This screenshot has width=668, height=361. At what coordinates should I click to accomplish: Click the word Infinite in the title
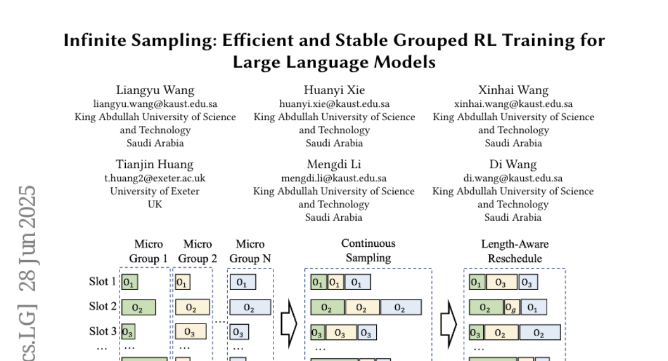(x=95, y=41)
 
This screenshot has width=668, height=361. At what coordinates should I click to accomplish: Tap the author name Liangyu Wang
(x=155, y=90)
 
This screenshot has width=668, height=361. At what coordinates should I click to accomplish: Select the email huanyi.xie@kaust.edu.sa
(x=334, y=104)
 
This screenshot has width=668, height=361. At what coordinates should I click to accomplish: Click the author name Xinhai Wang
(x=513, y=90)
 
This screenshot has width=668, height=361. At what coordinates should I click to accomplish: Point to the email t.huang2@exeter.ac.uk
(x=155, y=178)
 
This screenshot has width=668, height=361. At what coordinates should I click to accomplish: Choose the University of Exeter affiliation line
(x=155, y=191)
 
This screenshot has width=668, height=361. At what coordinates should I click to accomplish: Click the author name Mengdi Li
(x=334, y=164)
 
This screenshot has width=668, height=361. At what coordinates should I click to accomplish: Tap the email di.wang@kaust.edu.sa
(x=513, y=178)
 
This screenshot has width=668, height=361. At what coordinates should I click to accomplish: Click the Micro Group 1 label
(x=149, y=251)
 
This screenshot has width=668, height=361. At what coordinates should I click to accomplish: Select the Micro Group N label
(x=250, y=251)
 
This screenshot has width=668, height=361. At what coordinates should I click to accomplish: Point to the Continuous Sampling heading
(x=368, y=251)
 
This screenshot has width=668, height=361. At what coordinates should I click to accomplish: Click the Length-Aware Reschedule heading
(x=514, y=251)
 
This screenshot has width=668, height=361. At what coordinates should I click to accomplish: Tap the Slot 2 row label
(x=102, y=306)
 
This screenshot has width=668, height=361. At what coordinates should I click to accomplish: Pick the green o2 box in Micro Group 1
(x=139, y=308)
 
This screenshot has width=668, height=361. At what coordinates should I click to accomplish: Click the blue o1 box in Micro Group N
(x=243, y=282)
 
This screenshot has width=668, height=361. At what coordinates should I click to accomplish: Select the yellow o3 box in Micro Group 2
(x=190, y=333)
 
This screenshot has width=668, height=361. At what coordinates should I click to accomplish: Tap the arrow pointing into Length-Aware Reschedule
(x=448, y=323)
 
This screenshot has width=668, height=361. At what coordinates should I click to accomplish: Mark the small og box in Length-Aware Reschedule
(x=512, y=308)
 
